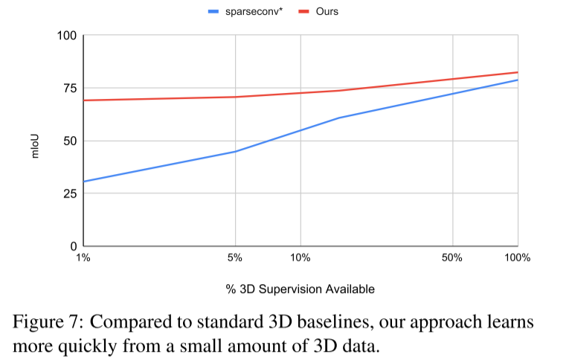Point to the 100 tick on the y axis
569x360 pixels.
68,36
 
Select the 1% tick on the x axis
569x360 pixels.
83,258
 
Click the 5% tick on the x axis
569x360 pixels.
235,258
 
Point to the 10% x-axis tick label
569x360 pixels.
300,258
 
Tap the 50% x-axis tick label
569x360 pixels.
452,258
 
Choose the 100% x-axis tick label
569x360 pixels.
517,258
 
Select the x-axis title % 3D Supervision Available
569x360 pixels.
300,289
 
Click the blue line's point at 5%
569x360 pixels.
235,152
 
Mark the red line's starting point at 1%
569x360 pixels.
84,100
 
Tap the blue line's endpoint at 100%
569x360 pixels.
518,80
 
